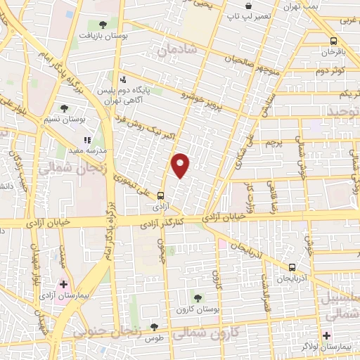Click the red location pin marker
pyautogui.click(x=181, y=165)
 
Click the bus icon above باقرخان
pyautogui.click(x=333, y=41)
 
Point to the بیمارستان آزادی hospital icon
pyautogui.click(x=64, y=285)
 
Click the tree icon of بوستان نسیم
pyautogui.click(x=64, y=108)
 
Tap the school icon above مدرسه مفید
pyautogui.click(x=87, y=140)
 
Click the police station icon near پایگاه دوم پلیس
pyautogui.click(x=123, y=79)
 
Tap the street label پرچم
pyautogui.click(x=282, y=141)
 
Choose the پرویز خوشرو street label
pyautogui.click(x=207, y=101)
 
